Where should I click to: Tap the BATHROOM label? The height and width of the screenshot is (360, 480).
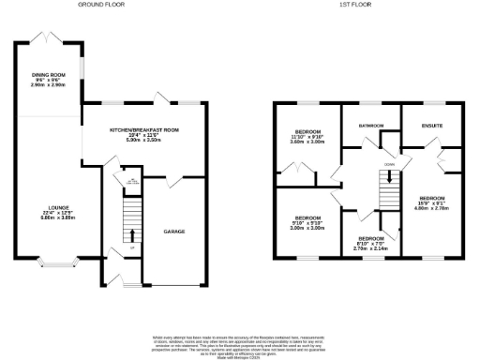point(370,124)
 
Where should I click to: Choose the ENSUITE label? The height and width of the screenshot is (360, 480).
point(432,124)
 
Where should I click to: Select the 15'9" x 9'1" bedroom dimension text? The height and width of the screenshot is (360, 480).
point(432,203)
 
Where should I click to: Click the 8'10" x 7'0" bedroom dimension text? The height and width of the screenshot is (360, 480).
point(368,244)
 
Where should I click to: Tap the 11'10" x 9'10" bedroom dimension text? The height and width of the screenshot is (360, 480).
point(307,137)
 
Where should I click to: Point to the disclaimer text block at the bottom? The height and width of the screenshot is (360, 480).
point(239,345)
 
